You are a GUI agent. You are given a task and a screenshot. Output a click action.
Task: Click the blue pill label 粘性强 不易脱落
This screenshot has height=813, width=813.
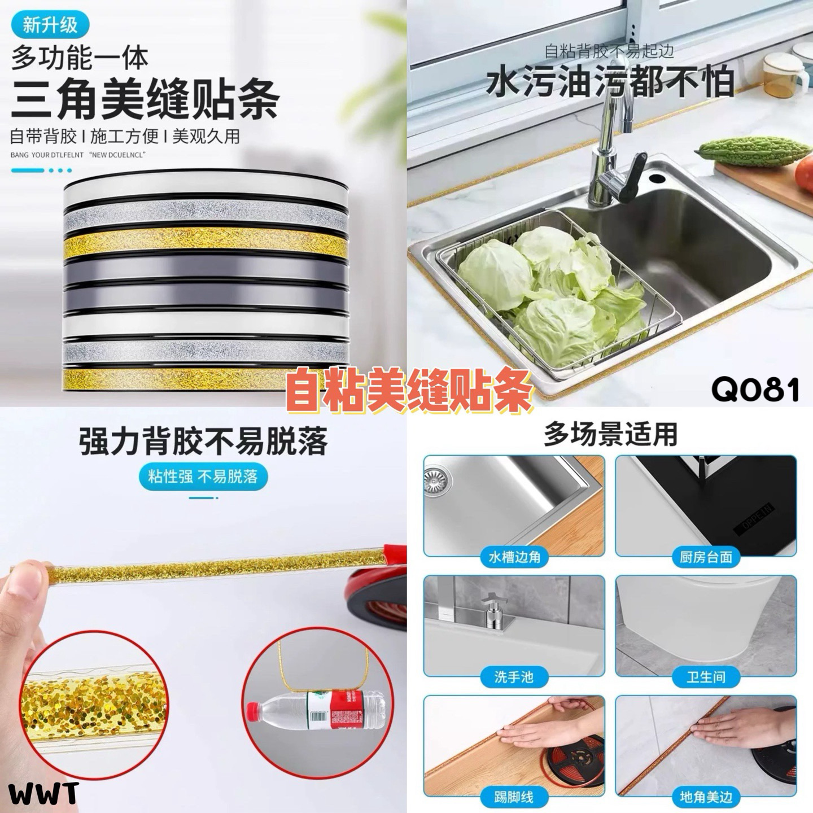point(203,477)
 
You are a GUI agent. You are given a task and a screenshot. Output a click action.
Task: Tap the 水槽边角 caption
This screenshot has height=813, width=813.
point(514,557)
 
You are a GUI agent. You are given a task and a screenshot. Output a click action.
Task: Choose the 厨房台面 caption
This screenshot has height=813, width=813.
point(706,557)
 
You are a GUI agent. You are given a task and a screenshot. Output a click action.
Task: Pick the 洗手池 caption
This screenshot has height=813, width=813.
point(514,676)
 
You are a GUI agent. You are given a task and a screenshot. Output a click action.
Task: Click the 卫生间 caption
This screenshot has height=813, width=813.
point(706,676)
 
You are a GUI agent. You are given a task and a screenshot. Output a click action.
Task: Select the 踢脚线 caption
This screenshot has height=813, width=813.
point(514,797)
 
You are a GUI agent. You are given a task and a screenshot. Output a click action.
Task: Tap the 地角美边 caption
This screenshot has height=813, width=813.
point(706,797)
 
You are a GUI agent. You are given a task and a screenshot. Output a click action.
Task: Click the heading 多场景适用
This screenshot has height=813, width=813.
point(610,434)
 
